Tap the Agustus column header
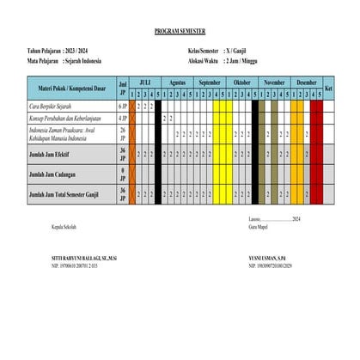178,82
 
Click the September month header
210,82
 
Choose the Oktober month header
242,82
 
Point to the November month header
275,82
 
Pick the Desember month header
307,82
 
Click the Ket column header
328,87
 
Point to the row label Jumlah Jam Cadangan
55,174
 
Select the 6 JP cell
122,106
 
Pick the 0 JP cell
122,174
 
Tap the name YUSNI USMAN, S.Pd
266,258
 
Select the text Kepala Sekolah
64,226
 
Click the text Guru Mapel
258,226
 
